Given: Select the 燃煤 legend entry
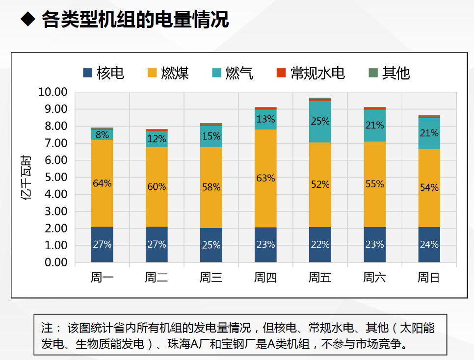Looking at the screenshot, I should [168, 73].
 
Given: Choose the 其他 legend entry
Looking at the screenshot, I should [389, 73].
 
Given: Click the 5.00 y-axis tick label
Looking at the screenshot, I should [54, 177].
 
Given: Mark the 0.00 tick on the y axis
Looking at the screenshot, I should [54, 262].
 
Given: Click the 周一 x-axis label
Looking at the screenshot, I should [102, 278].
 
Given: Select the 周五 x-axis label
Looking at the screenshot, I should [320, 278].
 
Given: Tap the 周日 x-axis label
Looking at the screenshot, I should [429, 278].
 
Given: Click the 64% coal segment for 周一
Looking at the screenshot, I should [102, 183].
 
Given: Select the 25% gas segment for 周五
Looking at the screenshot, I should [320, 121].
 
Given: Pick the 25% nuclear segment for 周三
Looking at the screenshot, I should [211, 245].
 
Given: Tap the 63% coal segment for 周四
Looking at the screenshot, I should [265, 178].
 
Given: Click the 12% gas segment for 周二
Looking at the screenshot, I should [157, 139].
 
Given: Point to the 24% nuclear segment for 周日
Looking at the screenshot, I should [429, 244].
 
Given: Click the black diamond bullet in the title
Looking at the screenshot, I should [28, 20].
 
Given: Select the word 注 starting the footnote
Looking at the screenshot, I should [47, 328].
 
